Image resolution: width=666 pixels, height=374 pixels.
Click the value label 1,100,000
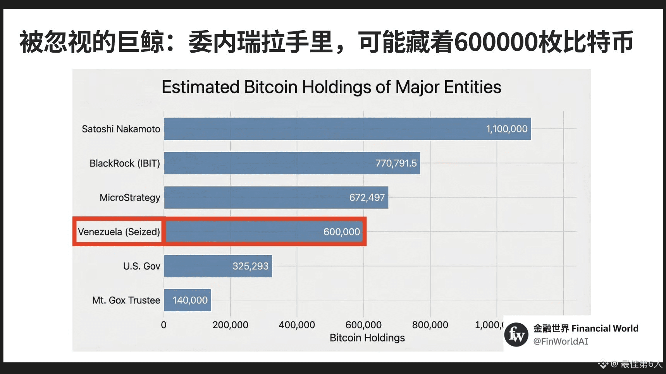tap(506, 129)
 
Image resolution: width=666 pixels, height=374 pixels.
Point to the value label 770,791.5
tap(396, 163)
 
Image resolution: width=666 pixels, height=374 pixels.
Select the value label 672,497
tap(367, 197)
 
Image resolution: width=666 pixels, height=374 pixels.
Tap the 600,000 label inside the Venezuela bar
tap(341, 232)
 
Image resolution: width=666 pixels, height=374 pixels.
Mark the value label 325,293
tap(250, 266)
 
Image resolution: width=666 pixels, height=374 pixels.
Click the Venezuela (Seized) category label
tap(119, 232)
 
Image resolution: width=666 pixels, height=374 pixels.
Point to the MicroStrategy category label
tap(129, 197)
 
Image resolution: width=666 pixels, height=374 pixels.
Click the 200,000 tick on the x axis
tap(230, 325)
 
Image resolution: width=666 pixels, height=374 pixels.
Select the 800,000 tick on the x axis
tap(430, 325)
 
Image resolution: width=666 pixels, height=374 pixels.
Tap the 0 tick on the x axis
tap(163, 325)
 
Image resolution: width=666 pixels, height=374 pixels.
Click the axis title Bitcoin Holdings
tap(367, 338)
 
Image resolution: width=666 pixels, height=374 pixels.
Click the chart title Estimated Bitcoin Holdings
tap(331, 87)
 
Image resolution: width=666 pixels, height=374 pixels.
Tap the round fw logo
tap(516, 335)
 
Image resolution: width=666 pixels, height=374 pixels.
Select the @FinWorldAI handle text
tap(560, 341)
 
